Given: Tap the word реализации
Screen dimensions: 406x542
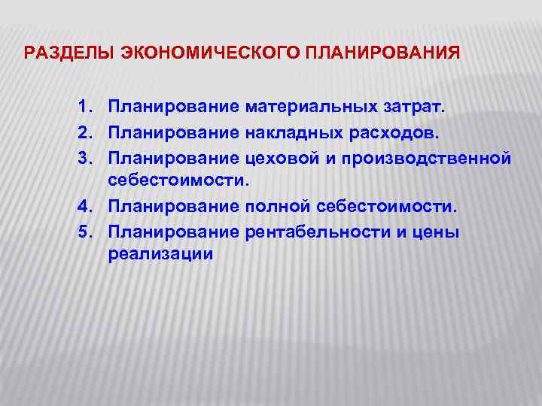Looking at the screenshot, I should [160, 255].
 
